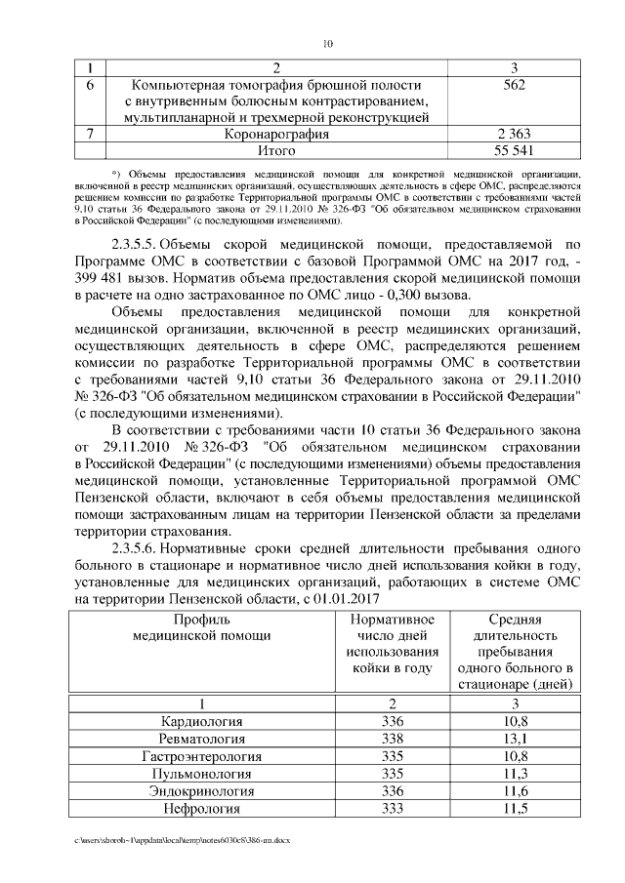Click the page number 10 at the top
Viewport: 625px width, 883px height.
click(x=327, y=43)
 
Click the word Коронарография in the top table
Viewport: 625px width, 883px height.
click(x=276, y=135)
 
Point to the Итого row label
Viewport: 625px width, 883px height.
click(x=276, y=151)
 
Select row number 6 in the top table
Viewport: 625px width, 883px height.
click(x=90, y=85)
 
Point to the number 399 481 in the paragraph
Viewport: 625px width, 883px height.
click(x=104, y=278)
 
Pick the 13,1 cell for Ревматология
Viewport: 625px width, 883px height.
click(x=515, y=739)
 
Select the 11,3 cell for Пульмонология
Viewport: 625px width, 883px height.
click(x=515, y=774)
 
